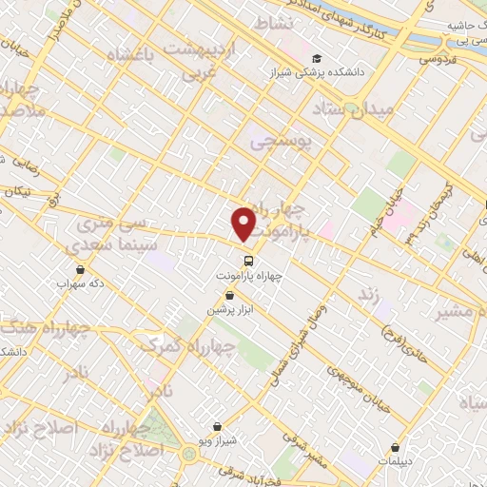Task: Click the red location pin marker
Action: coord(244,224)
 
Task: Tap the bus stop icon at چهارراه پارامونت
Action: coord(247,259)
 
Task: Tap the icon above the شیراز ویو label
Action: coord(219,425)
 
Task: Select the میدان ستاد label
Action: coord(359,111)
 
